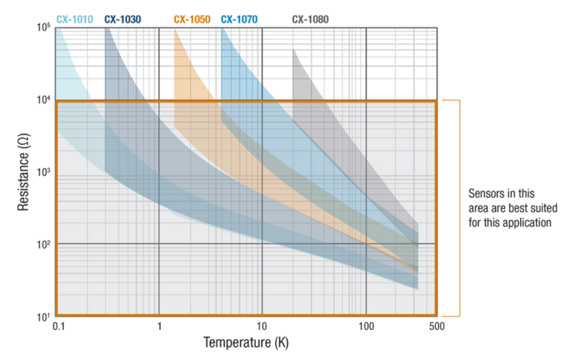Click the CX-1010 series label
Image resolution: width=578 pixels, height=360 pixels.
click(x=74, y=19)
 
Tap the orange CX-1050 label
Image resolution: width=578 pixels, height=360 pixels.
click(x=192, y=19)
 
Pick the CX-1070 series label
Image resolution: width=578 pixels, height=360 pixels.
click(x=239, y=19)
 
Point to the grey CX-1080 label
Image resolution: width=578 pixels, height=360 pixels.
click(x=310, y=19)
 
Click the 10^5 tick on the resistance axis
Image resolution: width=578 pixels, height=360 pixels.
click(x=43, y=29)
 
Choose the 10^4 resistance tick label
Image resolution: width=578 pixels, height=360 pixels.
click(x=43, y=100)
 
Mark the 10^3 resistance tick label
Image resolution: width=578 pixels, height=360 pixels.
click(x=43, y=173)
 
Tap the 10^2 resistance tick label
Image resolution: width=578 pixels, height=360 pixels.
click(x=43, y=244)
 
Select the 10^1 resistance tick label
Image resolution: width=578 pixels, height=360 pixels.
click(x=43, y=316)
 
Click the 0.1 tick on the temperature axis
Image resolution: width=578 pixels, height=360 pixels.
click(x=58, y=327)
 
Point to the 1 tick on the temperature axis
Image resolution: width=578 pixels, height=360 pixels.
click(x=159, y=327)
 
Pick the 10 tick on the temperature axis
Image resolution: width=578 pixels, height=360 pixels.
click(x=262, y=327)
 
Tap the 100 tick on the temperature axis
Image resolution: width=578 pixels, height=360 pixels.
click(x=365, y=327)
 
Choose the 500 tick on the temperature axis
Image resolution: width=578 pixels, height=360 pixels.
click(x=436, y=327)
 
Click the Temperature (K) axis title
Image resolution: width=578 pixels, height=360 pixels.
click(x=246, y=343)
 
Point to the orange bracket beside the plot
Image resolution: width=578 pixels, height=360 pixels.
click(x=458, y=207)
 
